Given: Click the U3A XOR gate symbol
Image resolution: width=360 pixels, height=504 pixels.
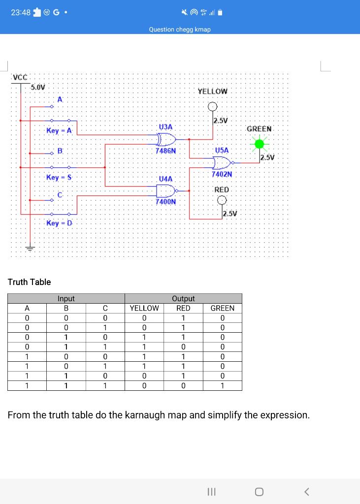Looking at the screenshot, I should coord(165,139).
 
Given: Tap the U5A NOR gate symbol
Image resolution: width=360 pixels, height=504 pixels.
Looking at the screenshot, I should coord(222,162).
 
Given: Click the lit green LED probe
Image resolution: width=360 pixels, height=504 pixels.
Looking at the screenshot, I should coord(259,144).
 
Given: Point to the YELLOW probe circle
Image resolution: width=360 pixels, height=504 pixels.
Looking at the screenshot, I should coord(212,106).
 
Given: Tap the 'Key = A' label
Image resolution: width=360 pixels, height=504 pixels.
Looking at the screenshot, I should coord(59,130).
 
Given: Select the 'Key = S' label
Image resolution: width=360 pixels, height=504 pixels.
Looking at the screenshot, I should coord(59,177).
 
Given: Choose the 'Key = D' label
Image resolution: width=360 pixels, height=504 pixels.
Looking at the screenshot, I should coord(59,223).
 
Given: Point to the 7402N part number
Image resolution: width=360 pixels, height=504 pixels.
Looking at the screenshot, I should coord(222,174).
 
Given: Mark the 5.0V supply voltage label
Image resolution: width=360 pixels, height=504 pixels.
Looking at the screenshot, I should coord(38,87).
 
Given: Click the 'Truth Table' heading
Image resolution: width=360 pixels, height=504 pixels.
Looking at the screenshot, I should coord(29,282).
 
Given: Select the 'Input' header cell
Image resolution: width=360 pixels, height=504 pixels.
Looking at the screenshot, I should coord(66,298).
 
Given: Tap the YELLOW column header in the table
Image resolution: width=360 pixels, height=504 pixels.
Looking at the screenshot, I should coord(144,308).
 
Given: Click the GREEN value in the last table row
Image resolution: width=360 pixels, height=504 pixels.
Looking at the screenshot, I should coord(222,385).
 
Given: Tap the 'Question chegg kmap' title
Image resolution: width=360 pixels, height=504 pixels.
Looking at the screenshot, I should coord(180,30).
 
